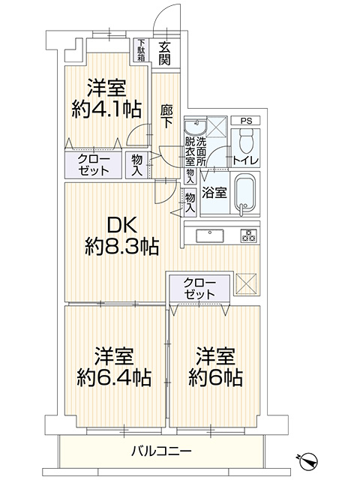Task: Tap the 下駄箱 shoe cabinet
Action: [141, 50]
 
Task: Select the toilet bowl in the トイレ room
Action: [245, 142]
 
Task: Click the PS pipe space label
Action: [245, 121]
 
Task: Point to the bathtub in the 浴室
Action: [244, 194]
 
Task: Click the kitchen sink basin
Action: [210, 236]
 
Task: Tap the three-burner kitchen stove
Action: [248, 236]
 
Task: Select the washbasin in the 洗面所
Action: [195, 126]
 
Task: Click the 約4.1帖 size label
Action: [106, 110]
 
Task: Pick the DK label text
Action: [121, 226]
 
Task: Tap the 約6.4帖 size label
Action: [113, 378]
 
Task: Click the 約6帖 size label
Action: [215, 378]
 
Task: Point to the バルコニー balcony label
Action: [161, 451]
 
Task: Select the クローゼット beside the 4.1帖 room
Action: [93, 165]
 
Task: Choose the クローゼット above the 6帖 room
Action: [200, 289]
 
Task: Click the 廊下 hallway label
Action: [166, 116]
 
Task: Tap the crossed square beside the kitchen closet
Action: [246, 283]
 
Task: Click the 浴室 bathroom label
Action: [214, 193]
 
